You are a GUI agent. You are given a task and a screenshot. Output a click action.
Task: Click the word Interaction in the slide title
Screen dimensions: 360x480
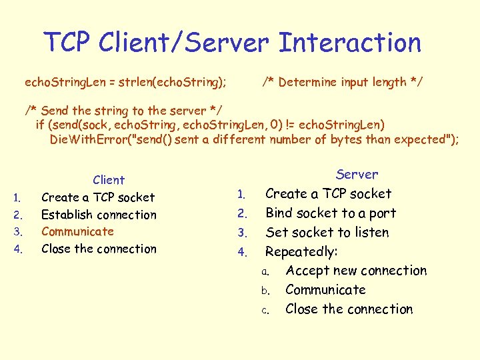349,43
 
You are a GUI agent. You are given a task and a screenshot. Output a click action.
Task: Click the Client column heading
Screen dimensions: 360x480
109,180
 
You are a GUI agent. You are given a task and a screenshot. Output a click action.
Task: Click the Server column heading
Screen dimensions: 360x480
357,175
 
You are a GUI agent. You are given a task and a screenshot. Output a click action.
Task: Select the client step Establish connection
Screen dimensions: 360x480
99,215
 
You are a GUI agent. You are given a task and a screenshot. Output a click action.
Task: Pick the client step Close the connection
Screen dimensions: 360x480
99,249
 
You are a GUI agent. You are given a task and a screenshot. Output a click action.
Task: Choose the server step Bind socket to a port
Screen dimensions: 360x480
331,213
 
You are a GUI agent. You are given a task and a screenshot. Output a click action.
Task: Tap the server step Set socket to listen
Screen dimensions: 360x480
327,233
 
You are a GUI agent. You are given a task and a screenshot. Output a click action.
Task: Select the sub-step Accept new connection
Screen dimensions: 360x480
356,271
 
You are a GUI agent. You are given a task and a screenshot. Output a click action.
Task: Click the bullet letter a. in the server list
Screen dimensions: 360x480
265,272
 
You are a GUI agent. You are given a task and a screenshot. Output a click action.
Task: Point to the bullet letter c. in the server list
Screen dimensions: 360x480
265,310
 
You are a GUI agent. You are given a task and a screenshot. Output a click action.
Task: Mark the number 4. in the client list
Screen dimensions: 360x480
19,250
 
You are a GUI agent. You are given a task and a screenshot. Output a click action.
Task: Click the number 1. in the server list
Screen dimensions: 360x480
243,195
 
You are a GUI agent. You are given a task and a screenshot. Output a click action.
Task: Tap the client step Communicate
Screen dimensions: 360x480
77,231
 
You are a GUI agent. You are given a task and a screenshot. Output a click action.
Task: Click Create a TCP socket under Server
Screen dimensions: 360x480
329,194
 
